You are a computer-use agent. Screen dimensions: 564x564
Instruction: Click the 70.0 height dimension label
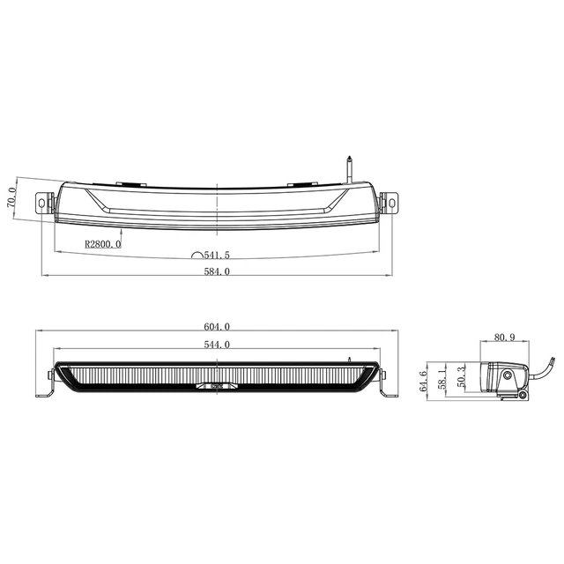[12, 196]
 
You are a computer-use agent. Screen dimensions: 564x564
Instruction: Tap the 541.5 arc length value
[216, 255]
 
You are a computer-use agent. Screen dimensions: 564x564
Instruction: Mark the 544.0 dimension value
[216, 345]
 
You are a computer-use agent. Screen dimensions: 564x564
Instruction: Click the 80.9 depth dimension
[505, 338]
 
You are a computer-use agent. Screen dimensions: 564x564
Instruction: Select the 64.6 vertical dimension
[424, 380]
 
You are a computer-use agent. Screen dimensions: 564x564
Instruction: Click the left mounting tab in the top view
[44, 202]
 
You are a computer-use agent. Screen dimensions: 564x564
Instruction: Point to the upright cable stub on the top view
[350, 167]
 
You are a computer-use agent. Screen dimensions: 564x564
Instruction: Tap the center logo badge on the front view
[216, 385]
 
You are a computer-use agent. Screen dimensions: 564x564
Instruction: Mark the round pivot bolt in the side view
[508, 376]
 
